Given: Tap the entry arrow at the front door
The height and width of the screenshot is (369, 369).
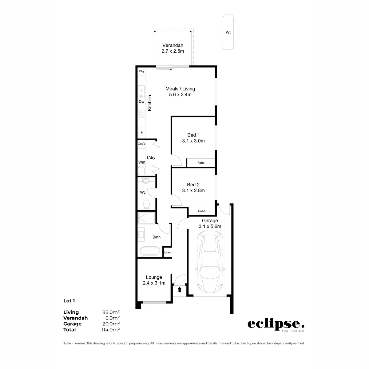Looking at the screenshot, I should coord(179,289).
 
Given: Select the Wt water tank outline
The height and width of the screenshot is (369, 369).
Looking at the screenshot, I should coord(228,32).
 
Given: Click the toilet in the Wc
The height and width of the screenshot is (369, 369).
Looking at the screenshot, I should coord(147,204).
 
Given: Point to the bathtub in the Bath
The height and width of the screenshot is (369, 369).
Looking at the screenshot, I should coord(150,251).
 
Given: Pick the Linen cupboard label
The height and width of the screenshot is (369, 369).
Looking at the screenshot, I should coord(168,252).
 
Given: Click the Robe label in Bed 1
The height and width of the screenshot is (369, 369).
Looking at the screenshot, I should coord(201,163).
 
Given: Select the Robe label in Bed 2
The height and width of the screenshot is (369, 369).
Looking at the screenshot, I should coord(201,211).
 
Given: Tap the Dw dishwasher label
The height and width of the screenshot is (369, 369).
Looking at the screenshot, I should coord(141,101).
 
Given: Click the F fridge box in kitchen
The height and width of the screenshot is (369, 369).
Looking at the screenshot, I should coord(142,133).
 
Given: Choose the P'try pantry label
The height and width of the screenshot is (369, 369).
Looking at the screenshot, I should coord(141,71).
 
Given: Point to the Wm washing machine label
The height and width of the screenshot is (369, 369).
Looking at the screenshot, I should coord(141,162).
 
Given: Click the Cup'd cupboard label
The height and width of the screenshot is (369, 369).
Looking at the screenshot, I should coord(141,144).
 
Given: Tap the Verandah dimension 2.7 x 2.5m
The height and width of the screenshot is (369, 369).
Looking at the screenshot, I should coord(173,51).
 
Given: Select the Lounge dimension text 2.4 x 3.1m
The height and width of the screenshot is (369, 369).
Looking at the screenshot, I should coord(154,283).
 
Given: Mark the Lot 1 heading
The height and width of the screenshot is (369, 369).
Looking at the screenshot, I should coord(69,301).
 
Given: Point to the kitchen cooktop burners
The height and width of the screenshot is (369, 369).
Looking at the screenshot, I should coord(142,113).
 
